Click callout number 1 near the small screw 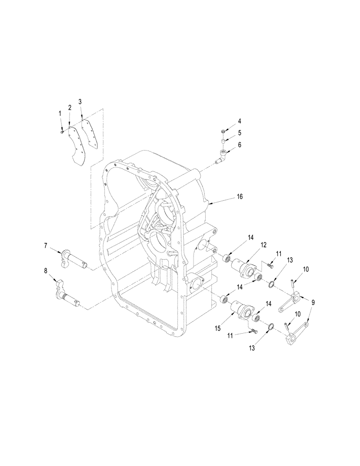pyautogui.click(x=60, y=113)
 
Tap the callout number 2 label pyautogui.click(x=69, y=107)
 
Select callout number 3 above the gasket pyautogui.click(x=80, y=101)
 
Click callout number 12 pyautogui.click(x=250, y=245)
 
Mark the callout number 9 pyautogui.click(x=312, y=302)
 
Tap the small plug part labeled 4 pyautogui.click(x=224, y=131)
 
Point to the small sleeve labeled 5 pyautogui.click(x=224, y=141)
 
